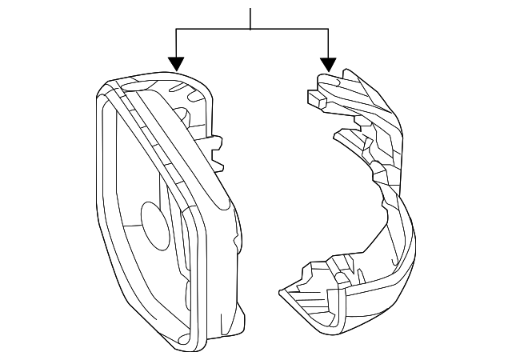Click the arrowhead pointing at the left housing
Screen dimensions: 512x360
pyautogui.click(x=176, y=63)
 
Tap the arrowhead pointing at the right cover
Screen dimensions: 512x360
pyautogui.click(x=327, y=63)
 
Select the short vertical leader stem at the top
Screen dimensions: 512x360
pyautogui.click(x=251, y=18)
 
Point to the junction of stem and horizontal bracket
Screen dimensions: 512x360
pyautogui.click(x=251, y=30)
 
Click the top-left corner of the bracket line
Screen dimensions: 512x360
pyautogui.click(x=176, y=30)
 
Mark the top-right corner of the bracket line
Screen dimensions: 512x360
pyautogui.click(x=327, y=30)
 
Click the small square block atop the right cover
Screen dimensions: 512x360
pyautogui.click(x=314, y=98)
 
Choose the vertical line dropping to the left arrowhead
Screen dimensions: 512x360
pyautogui.click(x=176, y=44)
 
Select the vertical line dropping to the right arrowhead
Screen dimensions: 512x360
pyautogui.click(x=327, y=44)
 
